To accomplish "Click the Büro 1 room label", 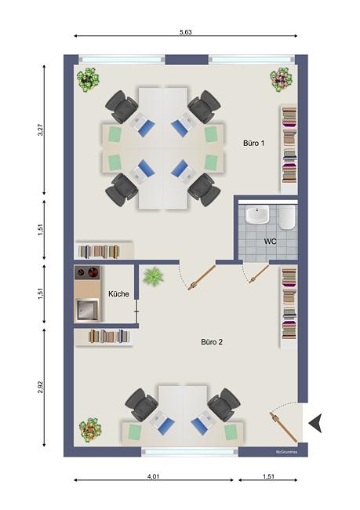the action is pos(253,143).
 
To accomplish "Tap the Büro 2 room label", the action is pos(212,342).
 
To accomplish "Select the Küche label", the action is pos(118,294).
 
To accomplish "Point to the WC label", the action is pos(271,242).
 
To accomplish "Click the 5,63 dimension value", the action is pos(186,32).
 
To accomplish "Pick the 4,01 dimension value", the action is pos(154,476).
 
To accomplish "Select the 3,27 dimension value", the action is pos(41,129).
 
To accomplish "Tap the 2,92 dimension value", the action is pos(41,387).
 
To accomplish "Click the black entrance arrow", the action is pos(315,423).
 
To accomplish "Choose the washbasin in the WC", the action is pos(257,214).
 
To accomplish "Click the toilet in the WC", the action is pos(287,217).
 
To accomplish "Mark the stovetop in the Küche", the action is pos(87,272).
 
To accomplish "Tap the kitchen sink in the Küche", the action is pos(87,310).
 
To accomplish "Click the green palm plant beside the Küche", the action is pos(153,276).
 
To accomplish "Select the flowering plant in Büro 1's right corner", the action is pos(281,79).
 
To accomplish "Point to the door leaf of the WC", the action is pos(259,274).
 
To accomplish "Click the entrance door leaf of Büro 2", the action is pos(284,427).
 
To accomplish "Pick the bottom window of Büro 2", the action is pos(190,451).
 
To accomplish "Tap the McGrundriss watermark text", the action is pos(286,452).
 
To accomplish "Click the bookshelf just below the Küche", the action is pos(104,337).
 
